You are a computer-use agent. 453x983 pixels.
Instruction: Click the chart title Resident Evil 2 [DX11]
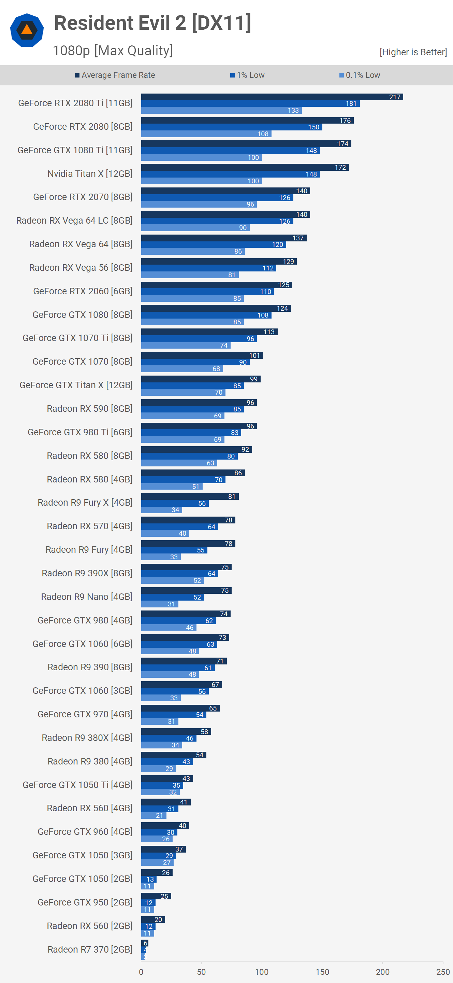click(x=152, y=23)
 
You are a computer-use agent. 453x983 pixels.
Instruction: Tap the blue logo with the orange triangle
click(x=27, y=30)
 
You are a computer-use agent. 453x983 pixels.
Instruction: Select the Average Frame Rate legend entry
click(x=115, y=75)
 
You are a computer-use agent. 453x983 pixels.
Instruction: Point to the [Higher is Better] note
click(x=413, y=52)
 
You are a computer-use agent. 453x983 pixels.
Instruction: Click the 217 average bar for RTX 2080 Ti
click(x=272, y=97)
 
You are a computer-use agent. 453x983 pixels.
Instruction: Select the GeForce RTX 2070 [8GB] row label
click(x=83, y=197)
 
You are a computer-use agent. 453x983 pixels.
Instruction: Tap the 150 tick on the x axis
click(x=322, y=972)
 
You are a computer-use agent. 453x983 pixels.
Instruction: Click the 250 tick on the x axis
click(x=443, y=972)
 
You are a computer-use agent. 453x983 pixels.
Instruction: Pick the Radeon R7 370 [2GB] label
click(x=90, y=950)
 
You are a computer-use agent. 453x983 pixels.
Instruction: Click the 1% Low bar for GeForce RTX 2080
click(x=232, y=127)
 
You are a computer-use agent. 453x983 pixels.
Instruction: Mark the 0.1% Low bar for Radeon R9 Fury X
click(x=161, y=510)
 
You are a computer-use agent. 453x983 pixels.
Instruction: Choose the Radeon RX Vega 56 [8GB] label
click(x=81, y=267)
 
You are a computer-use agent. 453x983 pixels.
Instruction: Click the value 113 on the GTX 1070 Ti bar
click(x=269, y=332)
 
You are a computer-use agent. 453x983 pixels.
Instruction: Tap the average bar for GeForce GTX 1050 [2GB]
click(x=156, y=873)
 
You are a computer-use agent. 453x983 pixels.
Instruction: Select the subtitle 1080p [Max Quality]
click(x=113, y=51)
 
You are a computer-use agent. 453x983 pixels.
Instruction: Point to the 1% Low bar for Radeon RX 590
click(x=192, y=409)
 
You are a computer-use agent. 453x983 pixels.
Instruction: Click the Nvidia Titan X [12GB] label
click(x=90, y=174)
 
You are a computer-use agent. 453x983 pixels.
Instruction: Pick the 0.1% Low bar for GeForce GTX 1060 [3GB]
click(x=161, y=698)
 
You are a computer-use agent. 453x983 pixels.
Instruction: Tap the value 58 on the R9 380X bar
click(x=204, y=731)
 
